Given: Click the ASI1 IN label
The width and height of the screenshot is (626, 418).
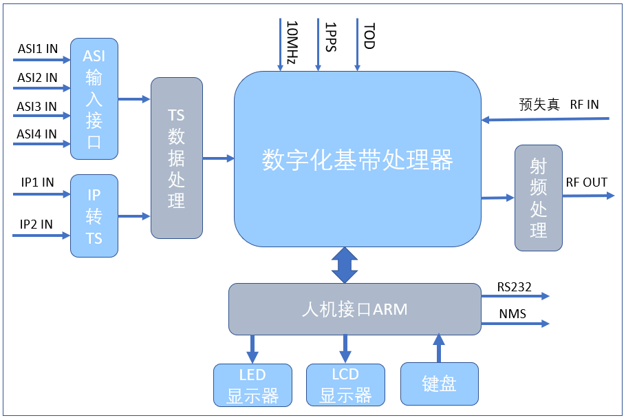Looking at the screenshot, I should tap(37, 49).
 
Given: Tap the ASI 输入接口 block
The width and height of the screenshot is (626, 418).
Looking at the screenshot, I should tap(94, 99).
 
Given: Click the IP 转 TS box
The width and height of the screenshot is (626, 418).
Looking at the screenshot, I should tap(94, 216).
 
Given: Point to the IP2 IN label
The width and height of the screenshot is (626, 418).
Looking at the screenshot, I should tap(36, 224).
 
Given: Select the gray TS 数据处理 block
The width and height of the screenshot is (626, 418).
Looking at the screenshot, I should tap(177, 158).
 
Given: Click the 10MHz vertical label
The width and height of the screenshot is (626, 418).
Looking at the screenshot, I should tap(291, 42).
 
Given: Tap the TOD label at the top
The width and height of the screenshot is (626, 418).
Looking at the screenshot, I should tap(369, 36).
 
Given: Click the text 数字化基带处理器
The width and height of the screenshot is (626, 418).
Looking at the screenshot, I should tap(357, 160).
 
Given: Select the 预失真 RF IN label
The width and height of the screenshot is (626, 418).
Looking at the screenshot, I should tap(559, 105).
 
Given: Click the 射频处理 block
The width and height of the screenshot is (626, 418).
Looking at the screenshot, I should tap(539, 198).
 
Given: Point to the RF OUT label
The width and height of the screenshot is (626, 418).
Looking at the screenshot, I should tap(586, 182).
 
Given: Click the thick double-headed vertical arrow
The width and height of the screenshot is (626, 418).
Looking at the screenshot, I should tap(345, 265).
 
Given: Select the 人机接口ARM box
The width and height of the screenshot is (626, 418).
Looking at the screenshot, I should tap(354, 309).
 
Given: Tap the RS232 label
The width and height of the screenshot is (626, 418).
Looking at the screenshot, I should tap(515, 287).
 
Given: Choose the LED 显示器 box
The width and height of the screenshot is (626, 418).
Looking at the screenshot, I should tap(252, 385).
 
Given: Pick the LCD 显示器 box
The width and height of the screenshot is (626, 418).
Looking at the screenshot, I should tap(345, 385).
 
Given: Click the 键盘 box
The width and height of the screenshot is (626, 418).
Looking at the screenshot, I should tap(440, 384).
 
